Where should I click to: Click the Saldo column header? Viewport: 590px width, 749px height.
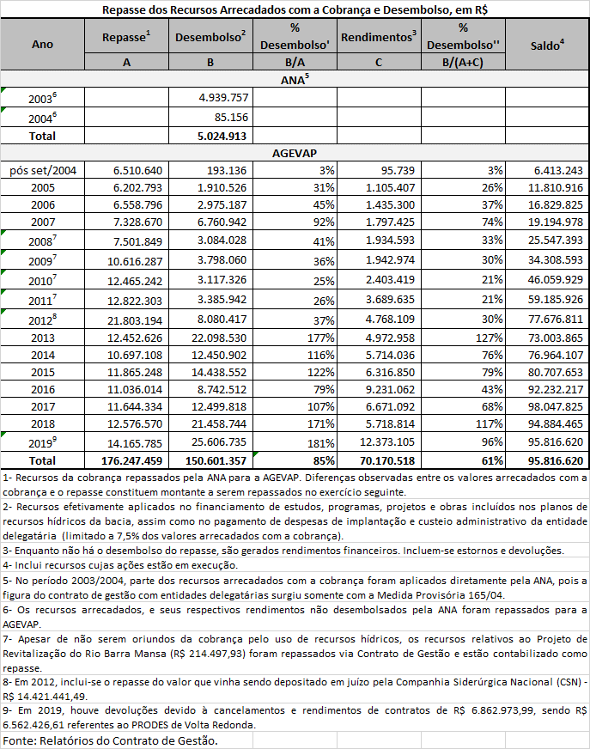pos(547,45)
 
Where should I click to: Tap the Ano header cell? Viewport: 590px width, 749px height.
pos(42,45)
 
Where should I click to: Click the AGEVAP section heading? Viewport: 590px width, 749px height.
pos(295,152)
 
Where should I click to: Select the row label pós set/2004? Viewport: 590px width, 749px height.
pos(42,170)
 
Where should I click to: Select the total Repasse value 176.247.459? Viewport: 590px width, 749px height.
pos(126,460)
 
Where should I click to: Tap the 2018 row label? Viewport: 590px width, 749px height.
pos(42,423)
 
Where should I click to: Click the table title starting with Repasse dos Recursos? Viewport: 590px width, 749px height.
pos(295,9)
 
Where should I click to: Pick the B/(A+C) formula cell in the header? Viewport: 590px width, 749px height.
pos(462,62)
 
